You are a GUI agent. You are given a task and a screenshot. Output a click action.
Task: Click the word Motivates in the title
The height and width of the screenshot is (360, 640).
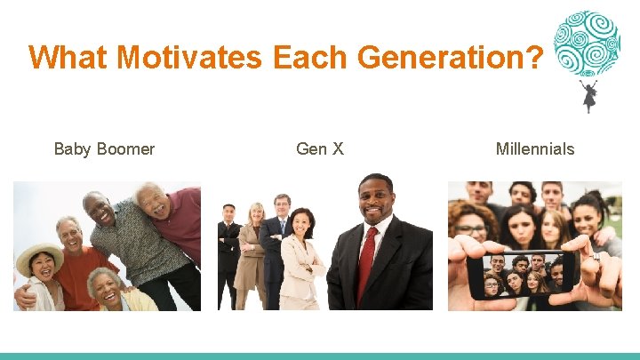pyautogui.click(x=188, y=58)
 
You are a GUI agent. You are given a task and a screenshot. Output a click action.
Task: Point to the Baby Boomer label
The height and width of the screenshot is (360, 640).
pyautogui.click(x=104, y=148)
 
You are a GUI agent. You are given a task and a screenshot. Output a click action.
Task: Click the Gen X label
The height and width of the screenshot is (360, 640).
pyautogui.click(x=320, y=148)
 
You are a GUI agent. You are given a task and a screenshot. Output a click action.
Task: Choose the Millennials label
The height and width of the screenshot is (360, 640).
pyautogui.click(x=535, y=148)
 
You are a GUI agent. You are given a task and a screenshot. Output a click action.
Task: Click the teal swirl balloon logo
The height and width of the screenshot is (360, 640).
pyautogui.click(x=586, y=43)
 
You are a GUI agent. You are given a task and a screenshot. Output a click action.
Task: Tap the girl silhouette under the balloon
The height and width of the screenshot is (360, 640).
pyautogui.click(x=588, y=96)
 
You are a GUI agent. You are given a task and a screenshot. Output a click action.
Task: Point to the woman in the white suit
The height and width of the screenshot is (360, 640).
pyautogui.click(x=299, y=258)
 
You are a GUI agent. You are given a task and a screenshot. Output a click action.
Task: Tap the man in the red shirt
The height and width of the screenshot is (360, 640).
pyautogui.click(x=76, y=267)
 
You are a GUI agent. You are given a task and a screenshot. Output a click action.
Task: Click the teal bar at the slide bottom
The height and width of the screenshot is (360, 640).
pyautogui.click(x=320, y=356)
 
